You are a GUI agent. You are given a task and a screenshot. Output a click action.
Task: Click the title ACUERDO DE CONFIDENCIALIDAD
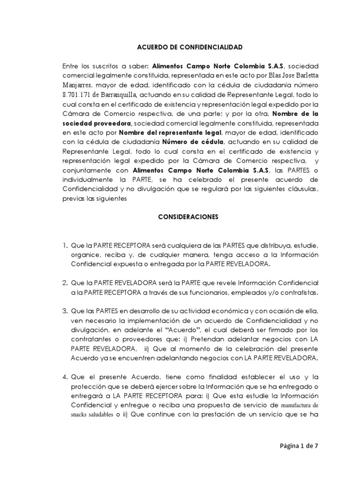click(x=189, y=47)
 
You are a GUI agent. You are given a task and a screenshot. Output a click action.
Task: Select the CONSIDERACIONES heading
click(x=189, y=217)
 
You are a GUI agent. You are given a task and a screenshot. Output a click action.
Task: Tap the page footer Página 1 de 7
click(x=298, y=446)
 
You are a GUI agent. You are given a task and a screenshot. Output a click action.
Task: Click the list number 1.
click(x=65, y=245)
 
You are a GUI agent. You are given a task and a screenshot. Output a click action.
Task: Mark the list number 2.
click(x=65, y=284)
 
